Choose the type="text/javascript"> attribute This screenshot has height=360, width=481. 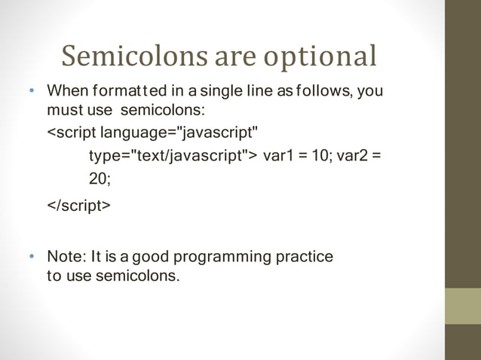coord(173,156)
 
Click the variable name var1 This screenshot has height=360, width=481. coord(278,156)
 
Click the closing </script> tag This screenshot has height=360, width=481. coord(78,206)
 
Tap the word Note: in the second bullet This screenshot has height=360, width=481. coord(67,256)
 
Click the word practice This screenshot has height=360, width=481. coord(305,257)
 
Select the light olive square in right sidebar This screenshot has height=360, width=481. coord(462,306)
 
